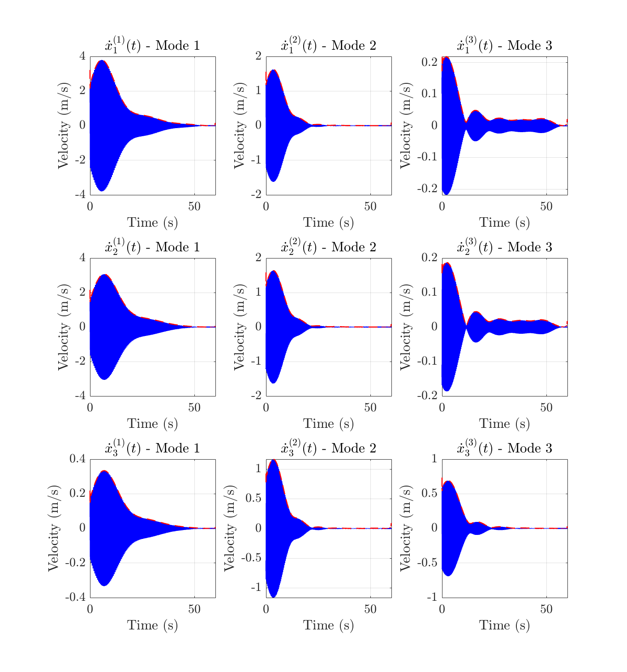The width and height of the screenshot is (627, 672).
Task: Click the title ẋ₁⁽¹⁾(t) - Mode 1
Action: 152,46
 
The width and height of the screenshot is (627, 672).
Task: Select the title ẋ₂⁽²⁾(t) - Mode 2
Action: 328,247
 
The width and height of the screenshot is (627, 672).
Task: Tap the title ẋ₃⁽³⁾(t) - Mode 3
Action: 504,448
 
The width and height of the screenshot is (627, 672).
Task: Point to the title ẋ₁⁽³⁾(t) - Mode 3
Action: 504,46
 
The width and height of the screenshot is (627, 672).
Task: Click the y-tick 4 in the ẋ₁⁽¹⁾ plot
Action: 82,56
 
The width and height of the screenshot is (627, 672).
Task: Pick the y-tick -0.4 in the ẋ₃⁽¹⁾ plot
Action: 75,597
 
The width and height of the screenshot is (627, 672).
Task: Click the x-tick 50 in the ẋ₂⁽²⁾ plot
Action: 370,408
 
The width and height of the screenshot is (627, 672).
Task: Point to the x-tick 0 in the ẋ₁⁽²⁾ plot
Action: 266,207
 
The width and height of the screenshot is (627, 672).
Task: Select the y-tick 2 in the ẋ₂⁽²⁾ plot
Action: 258,258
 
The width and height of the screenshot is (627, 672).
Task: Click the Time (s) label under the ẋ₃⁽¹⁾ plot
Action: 152,625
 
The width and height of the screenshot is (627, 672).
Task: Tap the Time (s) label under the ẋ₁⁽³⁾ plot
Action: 504,223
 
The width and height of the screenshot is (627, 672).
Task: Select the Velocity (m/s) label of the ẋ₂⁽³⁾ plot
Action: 406,327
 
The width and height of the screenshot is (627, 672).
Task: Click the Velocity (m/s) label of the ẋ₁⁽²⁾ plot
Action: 240,125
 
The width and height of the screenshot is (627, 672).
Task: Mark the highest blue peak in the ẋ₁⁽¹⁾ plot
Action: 102,60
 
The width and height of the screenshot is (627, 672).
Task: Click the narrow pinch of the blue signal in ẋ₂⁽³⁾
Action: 466,327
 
